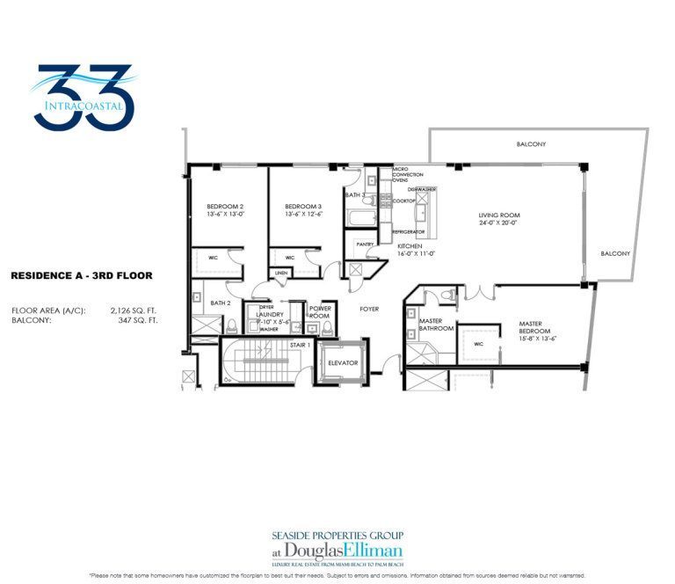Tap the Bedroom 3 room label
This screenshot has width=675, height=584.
[x=303, y=208]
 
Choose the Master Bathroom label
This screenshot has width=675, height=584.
[x=436, y=325]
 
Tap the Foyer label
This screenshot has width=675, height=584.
[x=369, y=309]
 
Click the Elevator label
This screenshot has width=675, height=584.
[x=340, y=362]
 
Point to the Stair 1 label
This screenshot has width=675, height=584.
[x=299, y=346]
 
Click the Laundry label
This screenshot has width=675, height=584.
[x=268, y=314]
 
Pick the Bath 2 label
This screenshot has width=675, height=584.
[x=221, y=303]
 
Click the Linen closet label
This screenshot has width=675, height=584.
[x=281, y=273]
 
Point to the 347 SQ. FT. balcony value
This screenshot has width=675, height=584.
[x=137, y=320]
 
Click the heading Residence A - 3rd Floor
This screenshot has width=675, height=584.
[x=81, y=275]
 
